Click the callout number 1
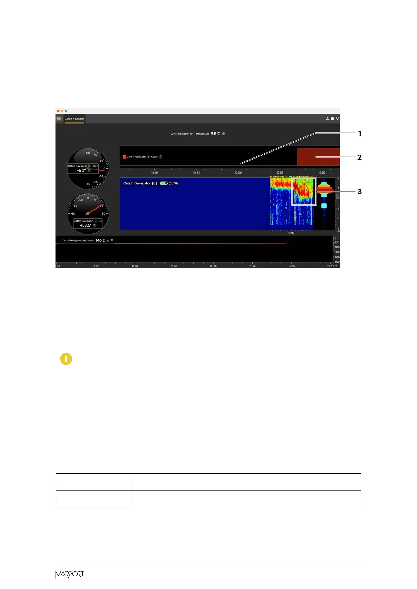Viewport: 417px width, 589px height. pyautogui.click(x=359, y=133)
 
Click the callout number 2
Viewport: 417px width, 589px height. pyautogui.click(x=359, y=157)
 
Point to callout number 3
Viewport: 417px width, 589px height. pyautogui.click(x=359, y=192)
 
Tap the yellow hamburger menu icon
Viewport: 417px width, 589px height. pyautogui.click(x=59, y=119)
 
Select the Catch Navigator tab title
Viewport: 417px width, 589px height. pyautogui.click(x=74, y=119)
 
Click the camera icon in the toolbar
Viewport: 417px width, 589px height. pyautogui.click(x=332, y=119)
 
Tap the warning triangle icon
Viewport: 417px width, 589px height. pyautogui.click(x=327, y=119)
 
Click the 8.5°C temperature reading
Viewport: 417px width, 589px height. pyautogui.click(x=215, y=134)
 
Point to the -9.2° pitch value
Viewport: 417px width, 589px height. pyautogui.click(x=81, y=170)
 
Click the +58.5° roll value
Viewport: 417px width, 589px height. pyautogui.click(x=85, y=225)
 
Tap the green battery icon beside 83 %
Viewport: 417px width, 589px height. pyautogui.click(x=164, y=183)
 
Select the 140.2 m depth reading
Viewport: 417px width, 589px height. pyautogui.click(x=102, y=241)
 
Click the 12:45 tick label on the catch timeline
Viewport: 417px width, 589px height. pyautogui.click(x=196, y=173)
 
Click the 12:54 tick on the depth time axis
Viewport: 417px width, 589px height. pyautogui.click(x=174, y=266)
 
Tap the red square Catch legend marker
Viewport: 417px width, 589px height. pyautogui.click(x=124, y=157)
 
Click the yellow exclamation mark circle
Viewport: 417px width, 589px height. pyautogui.click(x=66, y=359)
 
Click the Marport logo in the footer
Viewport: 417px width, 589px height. pyautogui.click(x=70, y=575)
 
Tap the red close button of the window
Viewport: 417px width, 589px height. pyautogui.click(x=58, y=111)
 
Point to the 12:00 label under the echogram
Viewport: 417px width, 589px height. pyautogui.click(x=291, y=233)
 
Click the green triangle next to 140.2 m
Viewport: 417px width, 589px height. pyautogui.click(x=112, y=241)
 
